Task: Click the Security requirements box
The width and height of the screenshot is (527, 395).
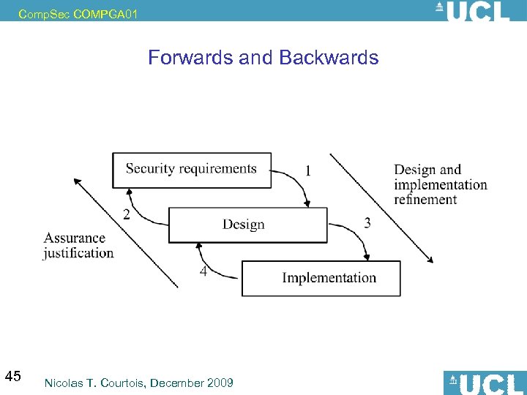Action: click(191, 170)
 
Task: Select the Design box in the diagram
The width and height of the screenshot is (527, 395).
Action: click(247, 225)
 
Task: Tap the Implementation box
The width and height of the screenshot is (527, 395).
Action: click(321, 278)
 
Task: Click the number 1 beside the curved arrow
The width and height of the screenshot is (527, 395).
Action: click(308, 170)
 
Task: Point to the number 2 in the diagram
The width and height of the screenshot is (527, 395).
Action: click(127, 214)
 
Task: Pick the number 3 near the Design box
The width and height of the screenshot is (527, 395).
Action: click(367, 223)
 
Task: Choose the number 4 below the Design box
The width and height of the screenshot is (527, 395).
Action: click(203, 271)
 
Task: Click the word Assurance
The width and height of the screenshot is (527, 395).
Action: click(75, 238)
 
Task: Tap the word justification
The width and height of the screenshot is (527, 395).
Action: click(78, 253)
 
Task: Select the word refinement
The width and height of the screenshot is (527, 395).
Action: click(425, 199)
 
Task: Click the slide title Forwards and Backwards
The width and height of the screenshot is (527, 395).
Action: click(263, 58)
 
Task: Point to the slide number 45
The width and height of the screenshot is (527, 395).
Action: click(12, 377)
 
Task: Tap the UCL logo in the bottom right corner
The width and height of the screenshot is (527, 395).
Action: click(485, 383)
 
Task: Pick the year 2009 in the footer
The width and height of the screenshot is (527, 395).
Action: click(220, 383)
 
